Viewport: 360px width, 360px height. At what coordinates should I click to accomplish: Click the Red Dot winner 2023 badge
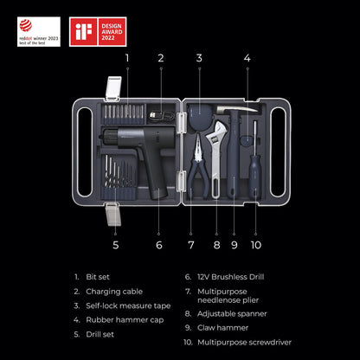coord(35,31)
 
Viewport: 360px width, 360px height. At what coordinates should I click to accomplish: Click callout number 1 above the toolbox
coord(126,59)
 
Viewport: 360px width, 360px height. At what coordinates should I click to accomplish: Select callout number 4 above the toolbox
coord(247,59)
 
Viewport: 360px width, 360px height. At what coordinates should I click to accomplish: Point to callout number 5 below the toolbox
coord(116,245)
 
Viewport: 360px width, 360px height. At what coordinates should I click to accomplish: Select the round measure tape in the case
coord(201,116)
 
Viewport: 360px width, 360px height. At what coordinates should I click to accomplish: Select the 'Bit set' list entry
coord(98,277)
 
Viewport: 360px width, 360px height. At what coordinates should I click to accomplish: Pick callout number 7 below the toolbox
coord(191,245)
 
